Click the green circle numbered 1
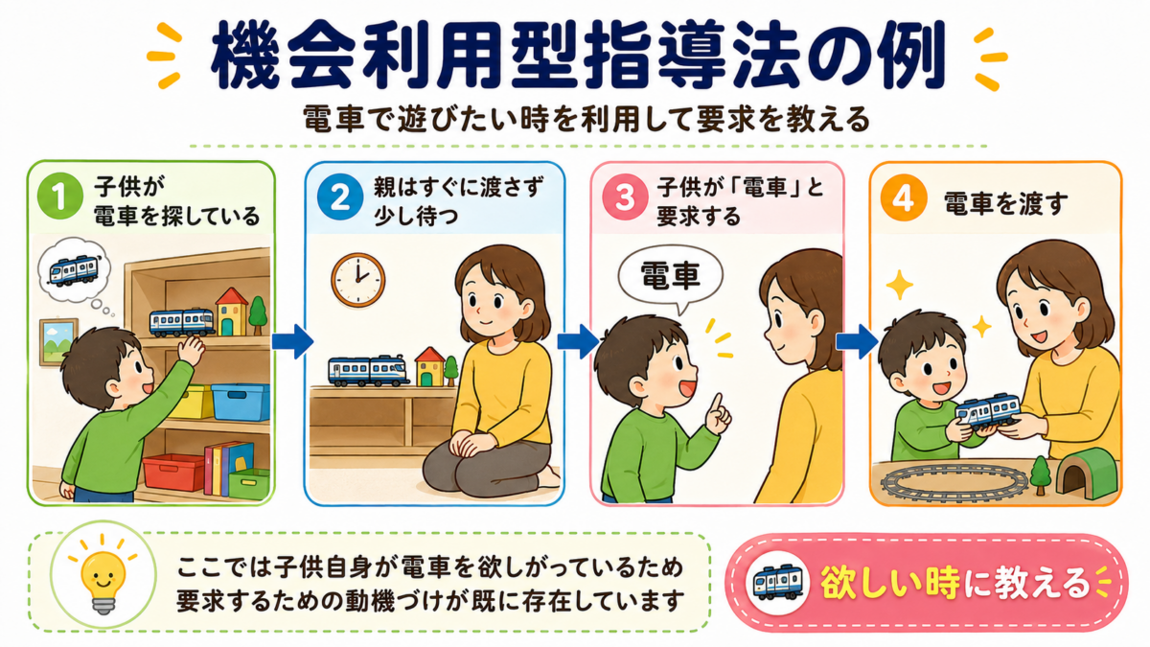click(60, 196)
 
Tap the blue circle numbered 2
click(340, 196)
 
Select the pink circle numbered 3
click(625, 197)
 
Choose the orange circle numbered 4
click(904, 198)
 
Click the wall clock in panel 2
click(357, 280)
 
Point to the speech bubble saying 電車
click(670, 278)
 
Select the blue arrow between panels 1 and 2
click(292, 341)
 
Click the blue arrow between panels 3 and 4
click(857, 341)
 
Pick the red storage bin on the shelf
click(173, 472)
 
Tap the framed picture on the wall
click(58, 342)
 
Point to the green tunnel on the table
click(1087, 473)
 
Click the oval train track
click(954, 483)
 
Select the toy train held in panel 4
click(987, 411)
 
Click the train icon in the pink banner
click(777, 583)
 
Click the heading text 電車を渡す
click(1005, 203)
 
